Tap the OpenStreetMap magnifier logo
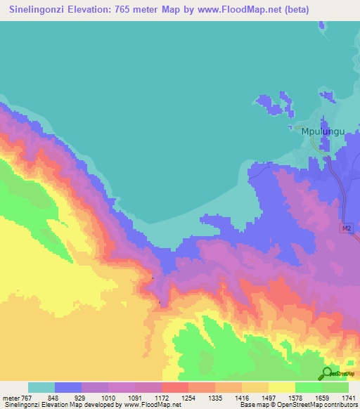[x=327, y=373]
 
